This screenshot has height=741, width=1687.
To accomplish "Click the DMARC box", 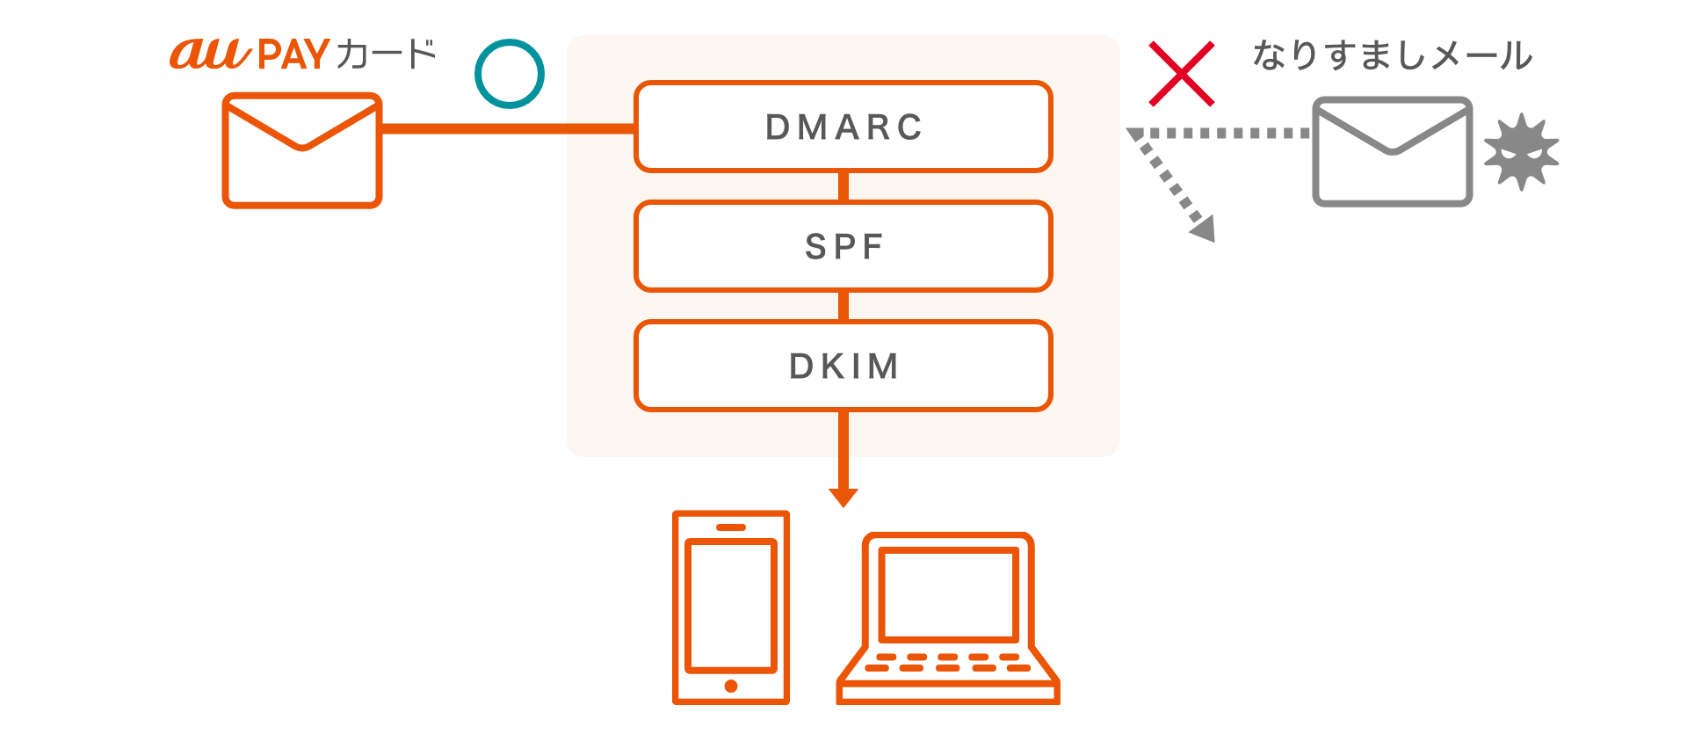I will click(843, 127).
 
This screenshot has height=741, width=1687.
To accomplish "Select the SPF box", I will click(843, 246).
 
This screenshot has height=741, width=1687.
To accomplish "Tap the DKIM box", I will click(843, 366).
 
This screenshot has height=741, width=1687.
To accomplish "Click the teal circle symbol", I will click(510, 74).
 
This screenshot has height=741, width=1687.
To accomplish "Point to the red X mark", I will click(1182, 74).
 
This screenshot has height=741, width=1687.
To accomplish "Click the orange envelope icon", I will click(302, 150).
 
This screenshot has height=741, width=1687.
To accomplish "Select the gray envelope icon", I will click(1392, 152).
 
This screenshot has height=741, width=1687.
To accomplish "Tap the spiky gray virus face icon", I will click(1521, 152).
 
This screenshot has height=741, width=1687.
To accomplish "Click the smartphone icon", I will click(731, 607).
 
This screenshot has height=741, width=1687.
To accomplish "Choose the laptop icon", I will click(948, 619).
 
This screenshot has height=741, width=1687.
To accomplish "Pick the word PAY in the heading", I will click(293, 55).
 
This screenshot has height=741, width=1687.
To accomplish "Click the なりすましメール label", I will click(1392, 55).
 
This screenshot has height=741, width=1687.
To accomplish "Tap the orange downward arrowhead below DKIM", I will click(843, 498).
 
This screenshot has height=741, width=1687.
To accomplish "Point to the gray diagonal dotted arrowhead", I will click(1204, 230).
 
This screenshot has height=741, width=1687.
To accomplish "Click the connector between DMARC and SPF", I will click(843, 186).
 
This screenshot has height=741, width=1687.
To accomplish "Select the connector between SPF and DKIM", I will click(843, 306).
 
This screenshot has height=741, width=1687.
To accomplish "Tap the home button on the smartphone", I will click(731, 687).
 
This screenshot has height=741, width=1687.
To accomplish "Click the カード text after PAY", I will click(386, 54).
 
